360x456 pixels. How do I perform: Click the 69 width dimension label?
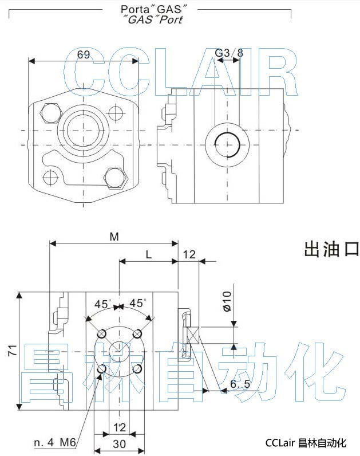point(84,55)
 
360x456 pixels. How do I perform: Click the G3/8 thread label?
point(229,53)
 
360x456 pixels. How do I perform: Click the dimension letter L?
point(148,255)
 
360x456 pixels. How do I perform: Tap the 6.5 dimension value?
point(240,384)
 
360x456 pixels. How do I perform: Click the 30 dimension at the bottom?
point(119,443)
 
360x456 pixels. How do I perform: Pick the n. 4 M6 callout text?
point(55,442)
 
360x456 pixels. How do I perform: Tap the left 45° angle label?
point(103,304)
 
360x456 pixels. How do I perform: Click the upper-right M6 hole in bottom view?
point(137,333)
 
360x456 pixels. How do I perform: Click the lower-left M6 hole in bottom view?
point(102,369)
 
